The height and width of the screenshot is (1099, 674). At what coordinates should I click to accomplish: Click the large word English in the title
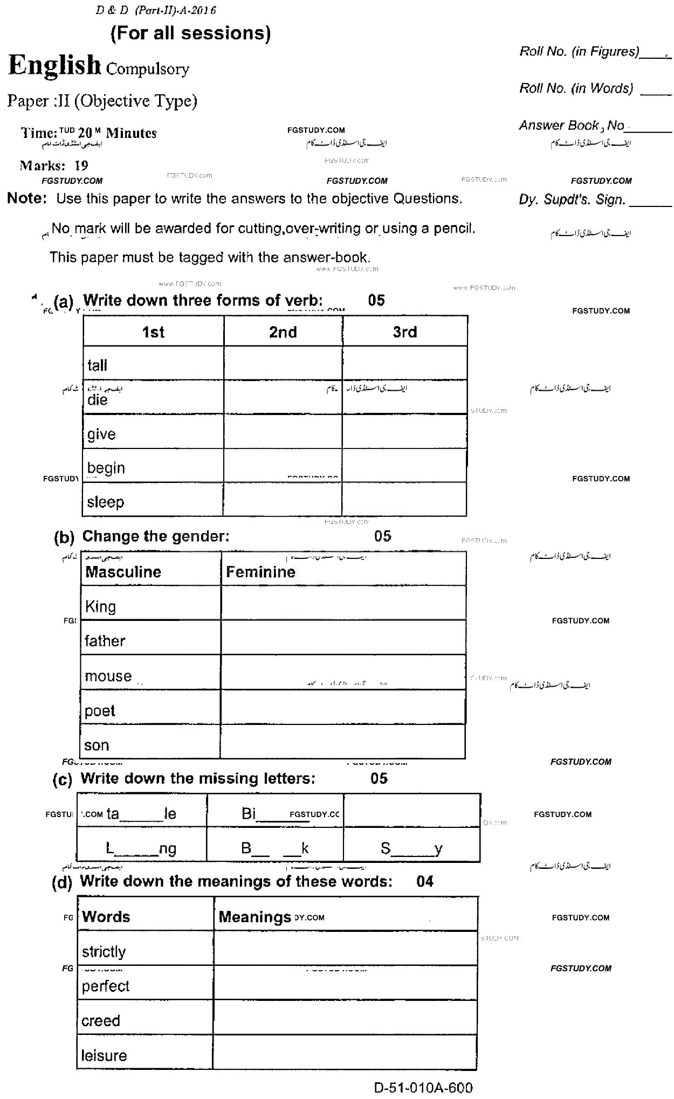coord(55,66)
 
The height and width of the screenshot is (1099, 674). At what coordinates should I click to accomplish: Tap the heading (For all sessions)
coord(190,33)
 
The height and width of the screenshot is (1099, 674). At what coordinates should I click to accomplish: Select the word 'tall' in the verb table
coord(98,365)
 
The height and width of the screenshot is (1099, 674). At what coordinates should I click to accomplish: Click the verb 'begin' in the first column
coord(106,468)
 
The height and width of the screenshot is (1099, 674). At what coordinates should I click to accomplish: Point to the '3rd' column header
coord(404,332)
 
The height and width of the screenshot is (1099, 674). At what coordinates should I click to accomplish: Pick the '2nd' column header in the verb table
coord(283,332)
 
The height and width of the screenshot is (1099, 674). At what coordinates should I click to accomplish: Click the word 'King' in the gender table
coord(100,606)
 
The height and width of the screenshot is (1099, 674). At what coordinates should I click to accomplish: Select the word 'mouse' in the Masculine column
coord(108,676)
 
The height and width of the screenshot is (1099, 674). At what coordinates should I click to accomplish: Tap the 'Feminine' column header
coord(261,572)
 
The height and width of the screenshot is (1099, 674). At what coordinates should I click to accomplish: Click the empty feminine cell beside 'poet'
coord(343,707)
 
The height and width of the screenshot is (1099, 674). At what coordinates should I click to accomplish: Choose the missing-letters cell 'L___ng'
coord(141,849)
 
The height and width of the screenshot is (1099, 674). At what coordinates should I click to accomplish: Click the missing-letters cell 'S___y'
coord(411,849)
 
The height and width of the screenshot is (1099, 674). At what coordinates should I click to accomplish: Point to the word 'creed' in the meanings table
coord(101,1021)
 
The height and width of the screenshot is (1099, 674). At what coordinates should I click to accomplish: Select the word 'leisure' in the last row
coord(104,1055)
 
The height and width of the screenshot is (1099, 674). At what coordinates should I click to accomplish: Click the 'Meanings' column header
coord(255,917)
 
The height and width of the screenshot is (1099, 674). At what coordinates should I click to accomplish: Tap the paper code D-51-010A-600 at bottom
coord(423,1088)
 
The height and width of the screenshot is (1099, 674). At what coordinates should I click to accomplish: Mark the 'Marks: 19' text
coord(54,165)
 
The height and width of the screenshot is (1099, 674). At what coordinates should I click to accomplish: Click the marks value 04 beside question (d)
coord(425,881)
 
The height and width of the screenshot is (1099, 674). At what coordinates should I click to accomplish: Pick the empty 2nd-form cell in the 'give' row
coord(283,432)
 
